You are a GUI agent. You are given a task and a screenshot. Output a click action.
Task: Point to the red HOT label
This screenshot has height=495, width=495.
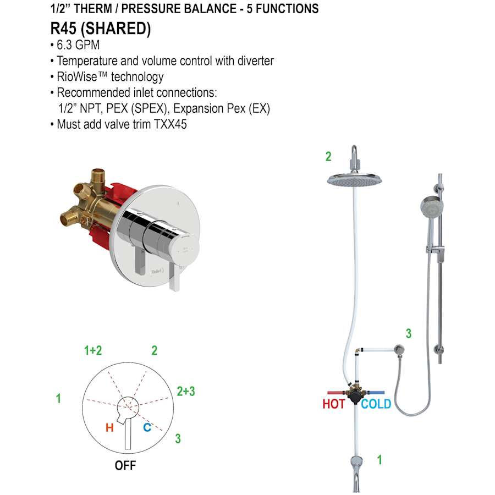(x=333, y=404)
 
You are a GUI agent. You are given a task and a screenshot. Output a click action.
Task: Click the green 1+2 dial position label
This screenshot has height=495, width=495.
(x=93, y=350)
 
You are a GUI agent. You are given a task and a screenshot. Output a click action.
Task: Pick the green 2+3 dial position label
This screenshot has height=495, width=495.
(x=186, y=391)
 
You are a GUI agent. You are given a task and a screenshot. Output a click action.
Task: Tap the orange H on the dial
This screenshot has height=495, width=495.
(x=109, y=427)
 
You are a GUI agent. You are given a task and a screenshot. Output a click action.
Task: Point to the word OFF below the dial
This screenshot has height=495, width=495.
(x=125, y=465)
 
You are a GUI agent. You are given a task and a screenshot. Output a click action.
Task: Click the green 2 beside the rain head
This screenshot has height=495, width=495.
(x=328, y=156)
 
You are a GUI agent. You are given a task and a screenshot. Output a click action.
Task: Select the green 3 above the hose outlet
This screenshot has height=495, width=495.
(x=408, y=333)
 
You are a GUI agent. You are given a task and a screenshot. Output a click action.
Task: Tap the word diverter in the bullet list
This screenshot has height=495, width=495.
(x=254, y=61)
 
